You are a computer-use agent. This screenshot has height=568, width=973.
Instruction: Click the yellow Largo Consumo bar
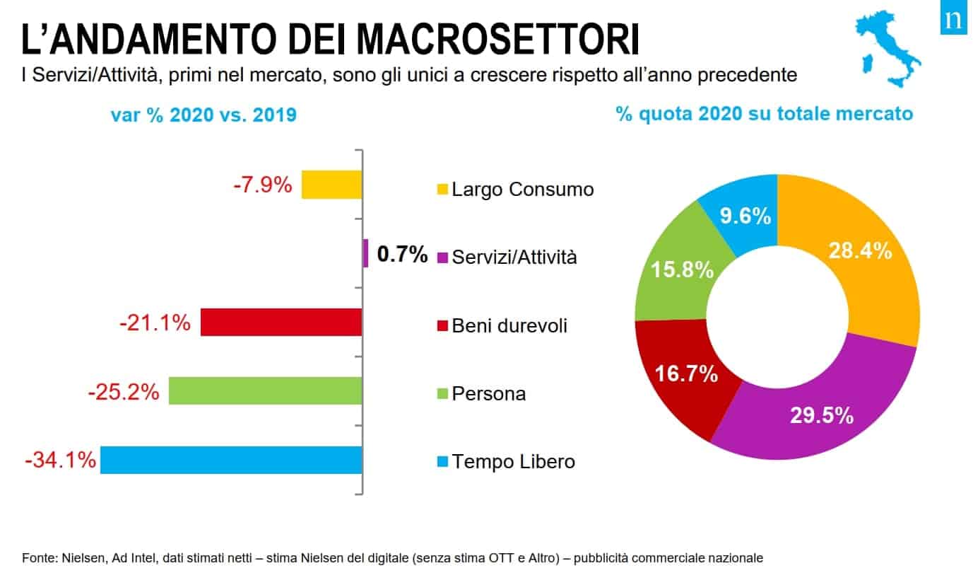(331, 185)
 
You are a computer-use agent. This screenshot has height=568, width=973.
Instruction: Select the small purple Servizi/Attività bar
(365, 253)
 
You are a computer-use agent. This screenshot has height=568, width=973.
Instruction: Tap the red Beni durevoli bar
(281, 322)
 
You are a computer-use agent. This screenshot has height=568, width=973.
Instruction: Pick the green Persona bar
(265, 390)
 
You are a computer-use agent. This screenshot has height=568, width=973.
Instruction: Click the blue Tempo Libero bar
(231, 460)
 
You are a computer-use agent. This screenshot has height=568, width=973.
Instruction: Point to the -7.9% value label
(262, 185)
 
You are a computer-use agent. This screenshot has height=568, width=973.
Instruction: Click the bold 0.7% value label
(402, 254)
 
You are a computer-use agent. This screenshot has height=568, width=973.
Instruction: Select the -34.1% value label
(60, 460)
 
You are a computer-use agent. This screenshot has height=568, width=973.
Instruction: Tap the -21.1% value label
(155, 323)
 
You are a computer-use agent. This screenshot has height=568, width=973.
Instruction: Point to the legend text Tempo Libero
(513, 462)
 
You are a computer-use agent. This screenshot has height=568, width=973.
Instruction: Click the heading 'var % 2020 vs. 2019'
(203, 115)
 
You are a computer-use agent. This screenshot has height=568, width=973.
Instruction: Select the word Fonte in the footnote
(37, 557)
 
